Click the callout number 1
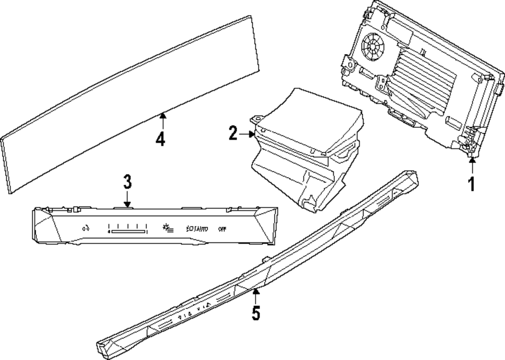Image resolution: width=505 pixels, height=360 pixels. [x=471, y=184]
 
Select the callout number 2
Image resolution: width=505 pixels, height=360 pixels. [x=233, y=133]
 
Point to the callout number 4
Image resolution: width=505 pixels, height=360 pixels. [x=160, y=138]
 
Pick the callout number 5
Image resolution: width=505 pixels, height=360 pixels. [x=256, y=313]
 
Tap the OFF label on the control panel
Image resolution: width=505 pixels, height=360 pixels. [x=222, y=228]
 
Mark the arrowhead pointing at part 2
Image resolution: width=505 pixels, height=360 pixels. [x=252, y=134]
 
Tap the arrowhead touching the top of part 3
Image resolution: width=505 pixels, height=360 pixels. [x=127, y=203]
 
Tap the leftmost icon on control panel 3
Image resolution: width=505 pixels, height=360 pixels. [x=85, y=228]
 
